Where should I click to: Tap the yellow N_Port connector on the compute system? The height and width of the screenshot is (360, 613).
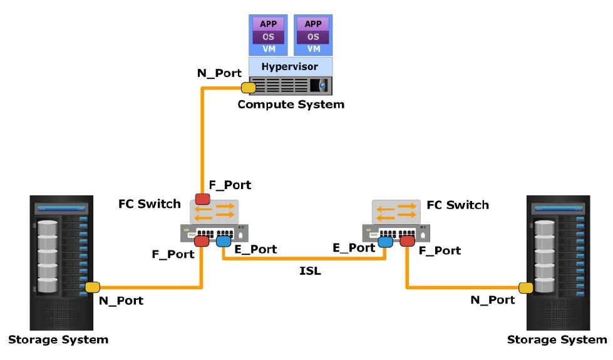pyautogui.click(x=249, y=87)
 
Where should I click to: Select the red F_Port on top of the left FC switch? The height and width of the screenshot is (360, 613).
pyautogui.click(x=202, y=199)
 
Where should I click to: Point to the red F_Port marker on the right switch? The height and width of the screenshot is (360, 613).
pyautogui.click(x=408, y=241)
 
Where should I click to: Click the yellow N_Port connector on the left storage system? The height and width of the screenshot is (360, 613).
pyautogui.click(x=93, y=287)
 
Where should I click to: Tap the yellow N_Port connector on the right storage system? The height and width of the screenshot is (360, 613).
pyautogui.click(x=525, y=287)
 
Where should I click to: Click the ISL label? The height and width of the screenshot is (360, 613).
pyautogui.click(x=310, y=270)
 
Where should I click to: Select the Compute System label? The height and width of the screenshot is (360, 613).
pyautogui.click(x=291, y=105)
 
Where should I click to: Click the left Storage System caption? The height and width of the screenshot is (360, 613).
pyautogui.click(x=58, y=340)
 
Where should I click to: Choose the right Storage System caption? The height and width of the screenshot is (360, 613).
pyautogui.click(x=557, y=340)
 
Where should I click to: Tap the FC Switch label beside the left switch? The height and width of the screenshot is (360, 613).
pyautogui.click(x=149, y=204)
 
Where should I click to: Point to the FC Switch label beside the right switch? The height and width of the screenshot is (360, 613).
pyautogui.click(x=458, y=205)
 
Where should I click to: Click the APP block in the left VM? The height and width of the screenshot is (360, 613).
pyautogui.click(x=269, y=24)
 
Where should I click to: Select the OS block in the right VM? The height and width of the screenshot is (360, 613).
pyautogui.click(x=313, y=36)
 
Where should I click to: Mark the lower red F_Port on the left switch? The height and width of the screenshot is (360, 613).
pyautogui.click(x=202, y=242)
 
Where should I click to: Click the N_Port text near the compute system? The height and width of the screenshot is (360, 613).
pyautogui.click(x=219, y=73)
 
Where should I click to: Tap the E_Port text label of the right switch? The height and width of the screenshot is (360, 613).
pyautogui.click(x=354, y=248)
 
